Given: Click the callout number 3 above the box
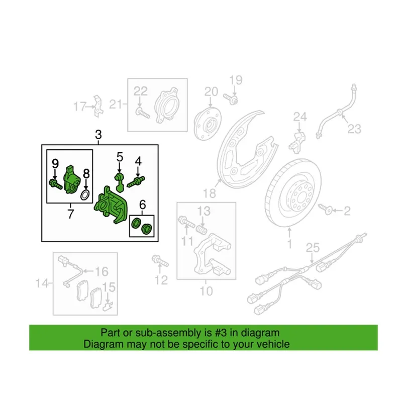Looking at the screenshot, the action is tap(98, 135).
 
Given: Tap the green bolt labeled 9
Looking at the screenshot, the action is tap(55, 184).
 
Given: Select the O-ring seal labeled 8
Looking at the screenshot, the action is tap(85, 195).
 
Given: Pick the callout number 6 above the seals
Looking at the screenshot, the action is tap(143, 205).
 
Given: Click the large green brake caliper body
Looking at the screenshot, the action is tap(111, 205).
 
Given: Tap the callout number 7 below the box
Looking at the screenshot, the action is tap(70, 214).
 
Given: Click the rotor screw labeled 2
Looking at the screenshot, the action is tap(325, 209).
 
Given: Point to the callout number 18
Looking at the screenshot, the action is tap(210, 193).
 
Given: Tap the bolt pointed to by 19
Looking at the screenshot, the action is tap(231, 99).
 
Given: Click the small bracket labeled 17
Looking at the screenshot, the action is tap(98, 106).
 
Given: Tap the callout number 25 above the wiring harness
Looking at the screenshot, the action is tap(313, 248).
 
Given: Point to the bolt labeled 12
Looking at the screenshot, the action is tap(160, 260).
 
